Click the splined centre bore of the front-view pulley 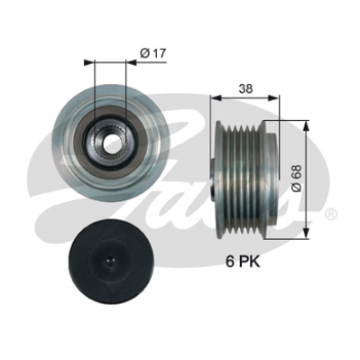pos(109,140)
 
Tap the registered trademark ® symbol pos(330,214)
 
